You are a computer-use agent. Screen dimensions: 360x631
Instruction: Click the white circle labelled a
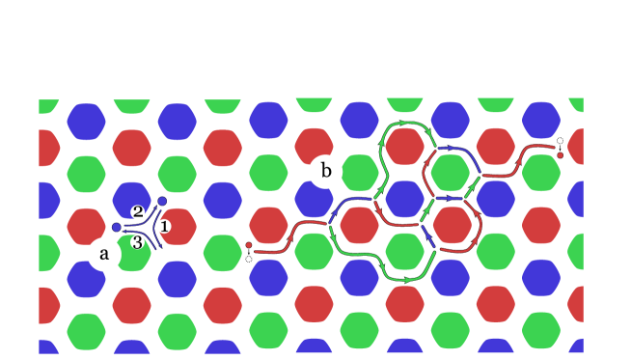click(x=104, y=254)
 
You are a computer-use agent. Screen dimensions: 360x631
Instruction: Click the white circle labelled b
click(x=325, y=172)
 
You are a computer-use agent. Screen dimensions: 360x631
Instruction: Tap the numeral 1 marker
click(x=164, y=226)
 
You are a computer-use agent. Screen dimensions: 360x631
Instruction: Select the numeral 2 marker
click(x=138, y=211)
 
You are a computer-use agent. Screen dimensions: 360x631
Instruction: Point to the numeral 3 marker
click(x=138, y=242)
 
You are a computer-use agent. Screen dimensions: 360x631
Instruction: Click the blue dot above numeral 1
click(x=162, y=201)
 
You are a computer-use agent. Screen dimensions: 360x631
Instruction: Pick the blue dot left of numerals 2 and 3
click(x=117, y=227)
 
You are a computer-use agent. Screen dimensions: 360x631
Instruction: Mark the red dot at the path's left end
click(x=248, y=245)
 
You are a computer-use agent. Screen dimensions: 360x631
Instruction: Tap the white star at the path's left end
click(x=248, y=259)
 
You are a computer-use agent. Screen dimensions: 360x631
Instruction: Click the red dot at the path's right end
click(x=560, y=154)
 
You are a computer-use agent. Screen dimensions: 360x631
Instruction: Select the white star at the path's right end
click(x=560, y=141)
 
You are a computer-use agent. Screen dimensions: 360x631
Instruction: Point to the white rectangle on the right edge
click(x=606, y=222)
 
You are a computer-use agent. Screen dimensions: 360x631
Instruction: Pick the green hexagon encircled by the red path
click(x=451, y=173)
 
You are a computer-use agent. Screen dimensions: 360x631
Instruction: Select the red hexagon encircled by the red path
click(x=451, y=225)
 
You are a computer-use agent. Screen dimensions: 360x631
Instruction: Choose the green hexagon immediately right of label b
click(x=359, y=173)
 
